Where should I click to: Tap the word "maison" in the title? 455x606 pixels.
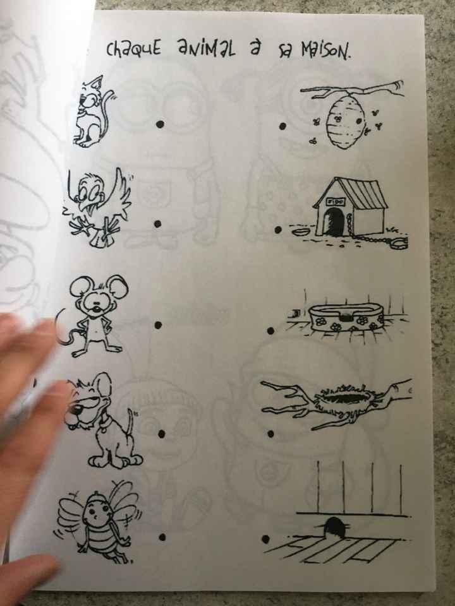click(x=326, y=51)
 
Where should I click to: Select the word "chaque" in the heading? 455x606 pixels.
click(x=133, y=50)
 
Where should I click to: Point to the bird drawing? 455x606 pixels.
click(x=97, y=208)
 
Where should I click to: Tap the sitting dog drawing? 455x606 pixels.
click(x=104, y=421)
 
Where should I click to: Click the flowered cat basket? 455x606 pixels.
click(x=346, y=318)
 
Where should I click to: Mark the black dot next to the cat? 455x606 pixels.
click(x=160, y=124)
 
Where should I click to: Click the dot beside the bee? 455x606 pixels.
click(x=162, y=537)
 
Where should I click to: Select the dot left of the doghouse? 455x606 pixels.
click(x=278, y=230)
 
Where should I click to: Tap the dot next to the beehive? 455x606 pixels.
click(x=283, y=126)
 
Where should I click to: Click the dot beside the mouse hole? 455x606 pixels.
click(x=265, y=538)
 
